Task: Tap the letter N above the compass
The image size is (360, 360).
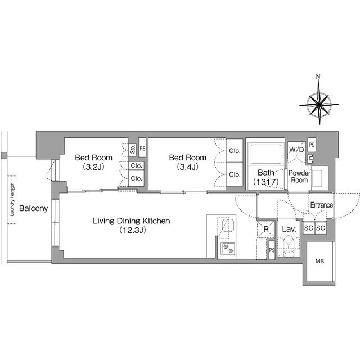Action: (318, 76)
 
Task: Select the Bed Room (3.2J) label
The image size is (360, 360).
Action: (94, 158)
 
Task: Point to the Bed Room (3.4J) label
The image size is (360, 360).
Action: (188, 158)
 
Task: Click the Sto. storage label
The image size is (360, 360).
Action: (133, 149)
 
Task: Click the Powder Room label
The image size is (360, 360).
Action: (299, 177)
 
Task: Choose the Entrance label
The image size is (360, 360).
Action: (321, 206)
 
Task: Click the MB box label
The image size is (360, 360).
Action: (319, 262)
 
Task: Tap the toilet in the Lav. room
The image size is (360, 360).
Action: (289, 246)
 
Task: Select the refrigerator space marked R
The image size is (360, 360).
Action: (265, 229)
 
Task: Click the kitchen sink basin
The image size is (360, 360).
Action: (228, 227)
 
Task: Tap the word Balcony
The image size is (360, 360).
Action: (33, 209)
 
